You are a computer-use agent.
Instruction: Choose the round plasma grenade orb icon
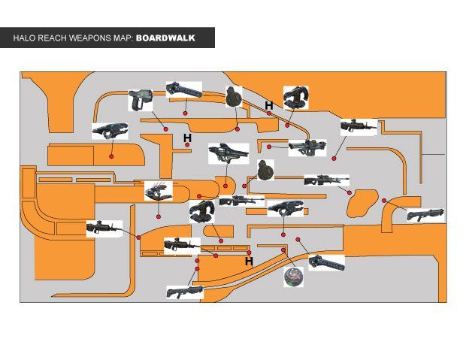[293, 277]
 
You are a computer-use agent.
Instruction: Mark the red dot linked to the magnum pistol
[166, 129]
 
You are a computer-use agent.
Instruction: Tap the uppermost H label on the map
[268, 106]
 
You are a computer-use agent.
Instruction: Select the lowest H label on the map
[249, 262]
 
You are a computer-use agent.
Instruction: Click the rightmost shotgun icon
[425, 215]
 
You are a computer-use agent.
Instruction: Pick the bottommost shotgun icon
[184, 292]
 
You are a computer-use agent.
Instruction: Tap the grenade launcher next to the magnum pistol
[183, 89]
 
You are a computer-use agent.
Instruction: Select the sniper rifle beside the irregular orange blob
[326, 180]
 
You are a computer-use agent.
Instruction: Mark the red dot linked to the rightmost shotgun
[384, 200]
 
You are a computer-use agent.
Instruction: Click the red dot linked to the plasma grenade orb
[284, 249]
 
